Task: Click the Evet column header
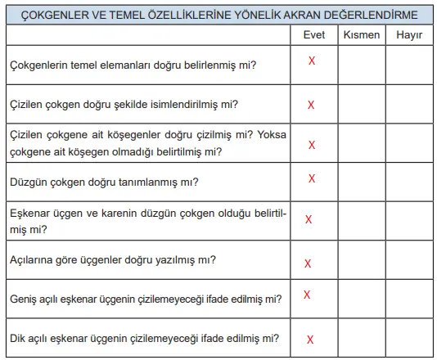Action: click(313, 37)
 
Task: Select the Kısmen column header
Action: click(361, 37)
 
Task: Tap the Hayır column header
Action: click(408, 37)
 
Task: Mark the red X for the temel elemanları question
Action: click(312, 61)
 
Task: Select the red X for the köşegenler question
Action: click(312, 145)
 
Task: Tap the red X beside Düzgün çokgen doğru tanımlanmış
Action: click(312, 178)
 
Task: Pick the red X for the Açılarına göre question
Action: click(308, 263)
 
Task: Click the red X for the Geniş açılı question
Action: click(306, 295)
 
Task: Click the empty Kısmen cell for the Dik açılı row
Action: click(362, 337)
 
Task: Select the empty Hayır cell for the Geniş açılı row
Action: click(408, 299)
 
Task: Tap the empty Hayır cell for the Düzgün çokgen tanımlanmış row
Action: click(408, 181)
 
